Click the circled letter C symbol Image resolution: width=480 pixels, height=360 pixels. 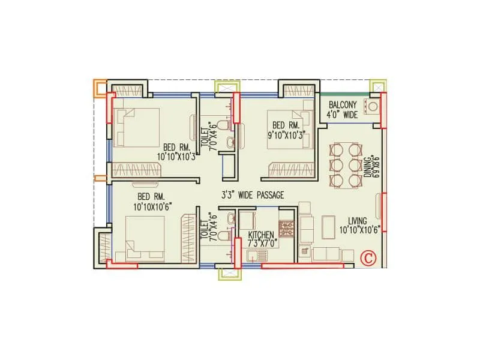pos(368,259)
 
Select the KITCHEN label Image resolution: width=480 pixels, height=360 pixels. pos(261,235)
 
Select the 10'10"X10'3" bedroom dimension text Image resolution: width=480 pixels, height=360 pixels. pos(176,156)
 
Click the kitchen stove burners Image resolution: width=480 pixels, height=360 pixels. pos(284,228)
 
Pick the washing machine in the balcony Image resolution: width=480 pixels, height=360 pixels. pos(374,107)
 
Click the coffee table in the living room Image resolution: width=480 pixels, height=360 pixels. pos(329,227)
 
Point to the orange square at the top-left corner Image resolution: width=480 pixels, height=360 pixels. pos(99,88)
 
